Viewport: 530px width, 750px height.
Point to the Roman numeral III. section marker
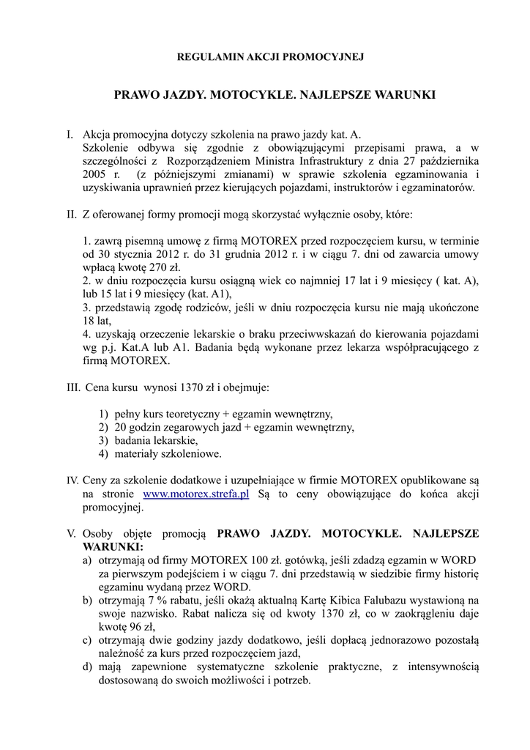click(x=73, y=385)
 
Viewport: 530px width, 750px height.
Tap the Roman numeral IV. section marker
click(x=72, y=480)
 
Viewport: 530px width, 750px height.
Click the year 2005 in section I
click(x=94, y=175)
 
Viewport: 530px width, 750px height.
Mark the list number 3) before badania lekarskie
click(x=103, y=441)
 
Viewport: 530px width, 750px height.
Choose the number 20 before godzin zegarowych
click(x=120, y=428)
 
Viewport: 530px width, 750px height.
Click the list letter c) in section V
click(x=87, y=640)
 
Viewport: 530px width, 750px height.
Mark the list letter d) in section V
click(x=87, y=667)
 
